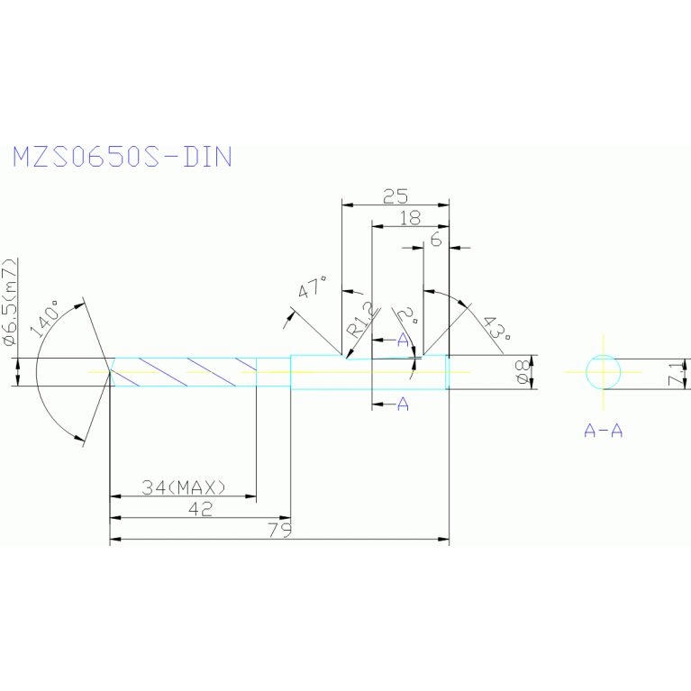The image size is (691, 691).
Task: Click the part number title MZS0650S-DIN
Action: tap(122, 157)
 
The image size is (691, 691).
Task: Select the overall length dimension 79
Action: tap(281, 531)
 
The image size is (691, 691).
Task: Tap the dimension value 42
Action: tap(200, 509)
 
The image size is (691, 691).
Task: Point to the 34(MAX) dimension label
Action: tap(184, 487)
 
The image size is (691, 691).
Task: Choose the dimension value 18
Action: tap(410, 217)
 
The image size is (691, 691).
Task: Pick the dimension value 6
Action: tap(436, 239)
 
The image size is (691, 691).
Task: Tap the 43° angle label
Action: tap(494, 328)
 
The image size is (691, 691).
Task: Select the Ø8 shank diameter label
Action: tap(521, 372)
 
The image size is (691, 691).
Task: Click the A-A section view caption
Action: tap(603, 431)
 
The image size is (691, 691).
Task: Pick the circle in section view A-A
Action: tap(603, 372)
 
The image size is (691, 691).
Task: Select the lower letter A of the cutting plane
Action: tap(403, 405)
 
